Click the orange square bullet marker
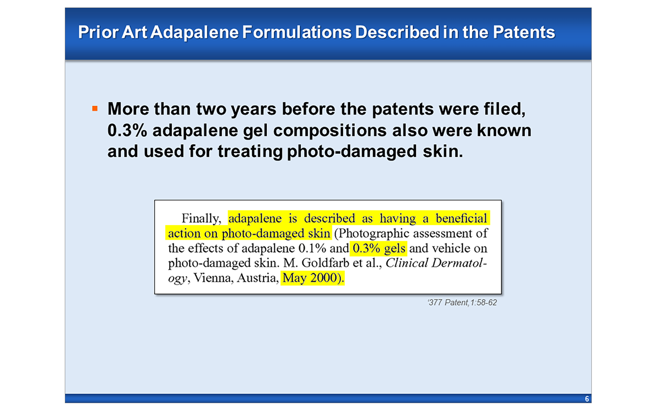[95, 109]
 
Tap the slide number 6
[587, 399]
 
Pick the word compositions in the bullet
[330, 130]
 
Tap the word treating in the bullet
[250, 151]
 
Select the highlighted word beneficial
[461, 218]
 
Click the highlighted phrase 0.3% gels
[379, 248]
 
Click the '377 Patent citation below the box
[462, 302]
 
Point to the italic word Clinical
[407, 263]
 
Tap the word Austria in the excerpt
[257, 278]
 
